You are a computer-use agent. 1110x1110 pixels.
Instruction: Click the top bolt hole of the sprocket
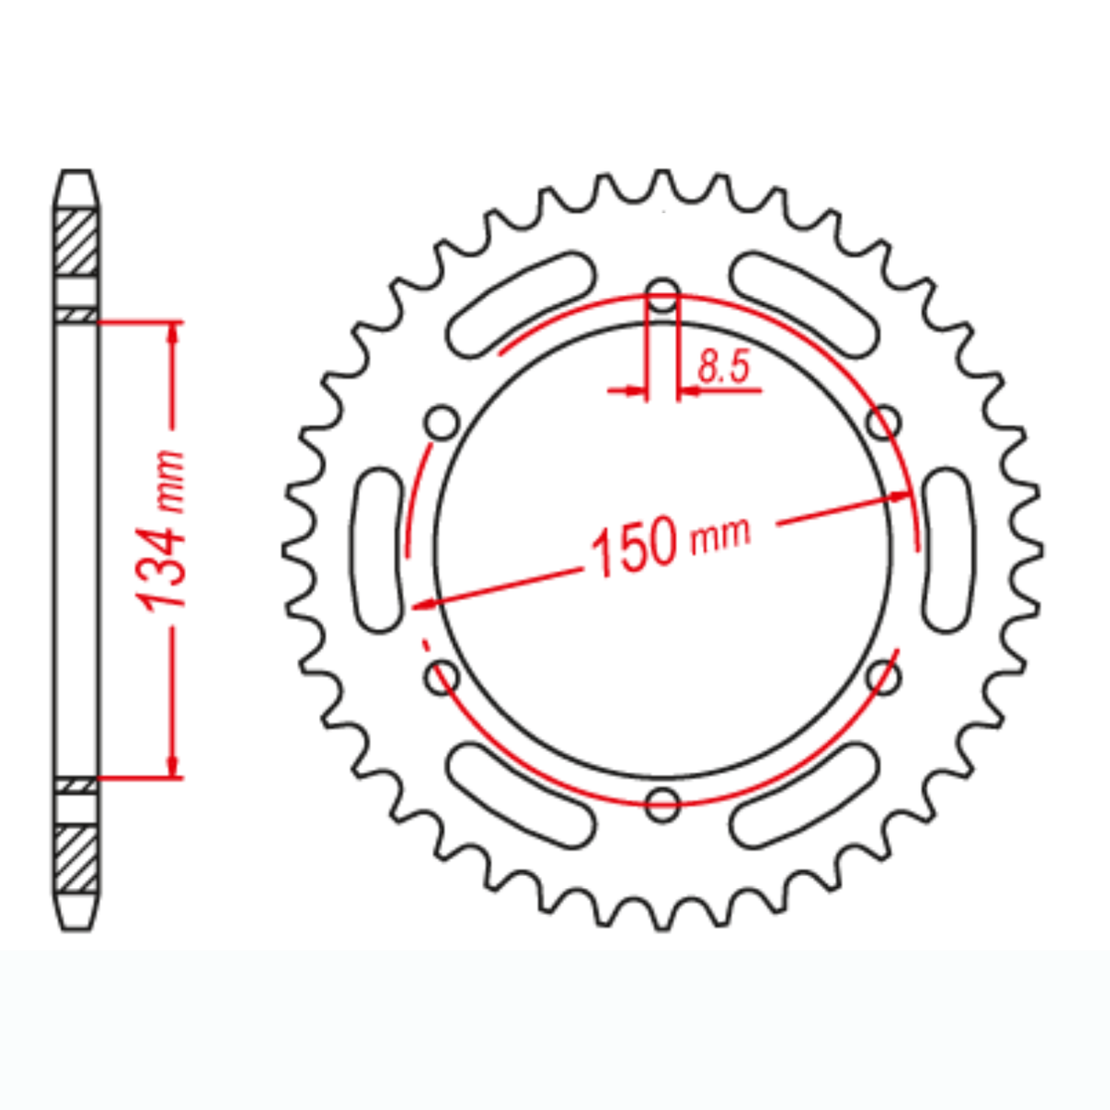(662, 297)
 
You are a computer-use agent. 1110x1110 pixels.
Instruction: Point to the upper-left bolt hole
(442, 424)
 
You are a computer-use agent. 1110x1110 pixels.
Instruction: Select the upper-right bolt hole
(883, 424)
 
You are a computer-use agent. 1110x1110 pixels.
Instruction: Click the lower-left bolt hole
(441, 677)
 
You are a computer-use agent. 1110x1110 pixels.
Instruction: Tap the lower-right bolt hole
(883, 678)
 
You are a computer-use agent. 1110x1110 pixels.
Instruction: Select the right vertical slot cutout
(948, 551)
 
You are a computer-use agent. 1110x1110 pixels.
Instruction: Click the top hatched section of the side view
(76, 242)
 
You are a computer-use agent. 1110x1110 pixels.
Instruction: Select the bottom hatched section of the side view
(76, 858)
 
